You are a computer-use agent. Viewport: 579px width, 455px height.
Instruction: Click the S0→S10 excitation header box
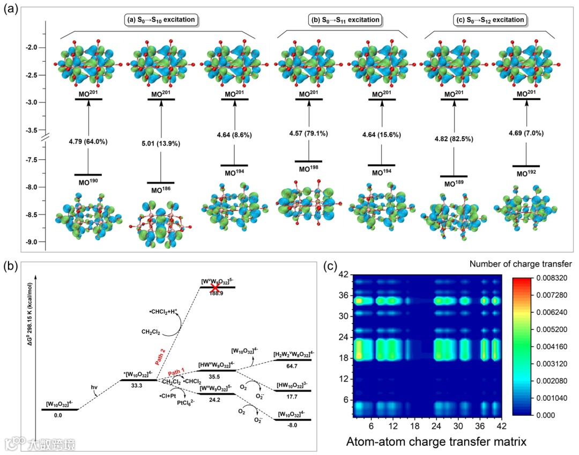point(157,20)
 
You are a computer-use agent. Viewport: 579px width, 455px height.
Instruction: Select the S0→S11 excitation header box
point(345,20)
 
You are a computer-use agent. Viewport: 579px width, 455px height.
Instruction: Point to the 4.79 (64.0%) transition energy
point(88,142)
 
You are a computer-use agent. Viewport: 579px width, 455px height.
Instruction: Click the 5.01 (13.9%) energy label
point(161,143)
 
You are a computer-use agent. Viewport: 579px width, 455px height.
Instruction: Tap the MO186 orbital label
point(161,190)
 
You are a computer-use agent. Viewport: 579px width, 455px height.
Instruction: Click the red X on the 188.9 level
point(216,288)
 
